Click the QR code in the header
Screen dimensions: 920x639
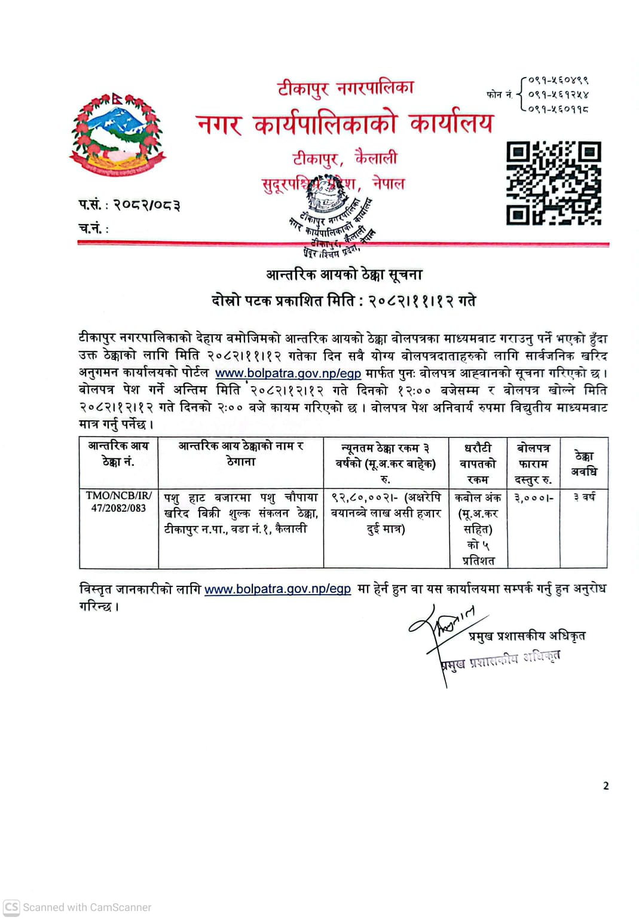tap(554, 183)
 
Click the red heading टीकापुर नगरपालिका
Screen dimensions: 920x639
tap(346, 88)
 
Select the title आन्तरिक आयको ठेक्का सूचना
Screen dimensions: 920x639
tap(344, 274)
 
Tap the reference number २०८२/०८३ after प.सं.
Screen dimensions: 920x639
tap(147, 205)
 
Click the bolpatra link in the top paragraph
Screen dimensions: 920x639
tap(288, 373)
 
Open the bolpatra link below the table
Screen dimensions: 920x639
tap(277, 589)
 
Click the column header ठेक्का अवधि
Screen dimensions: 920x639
tap(583, 463)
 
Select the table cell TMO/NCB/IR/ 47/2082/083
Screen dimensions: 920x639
tap(118, 502)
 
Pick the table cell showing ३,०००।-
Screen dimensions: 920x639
tap(534, 497)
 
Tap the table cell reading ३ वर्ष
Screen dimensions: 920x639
tap(584, 497)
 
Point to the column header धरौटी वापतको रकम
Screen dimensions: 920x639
tap(478, 463)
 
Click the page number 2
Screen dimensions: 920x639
tap(606, 786)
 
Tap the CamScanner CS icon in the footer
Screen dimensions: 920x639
tap(11, 907)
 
